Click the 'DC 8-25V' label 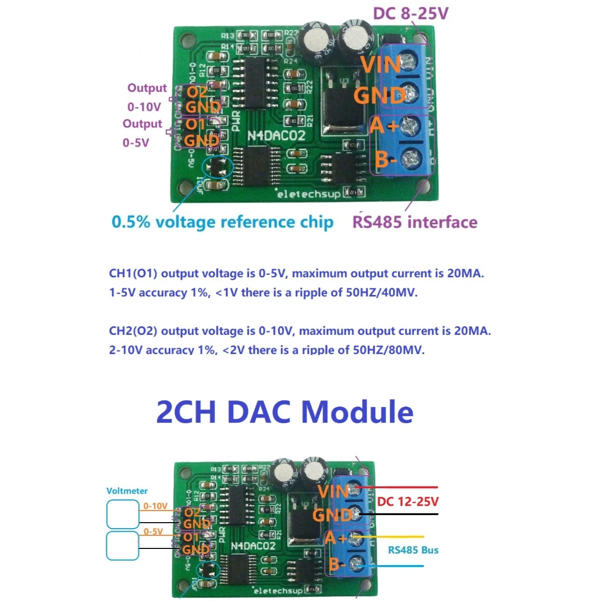(411, 13)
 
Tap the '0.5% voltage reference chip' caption (222, 222)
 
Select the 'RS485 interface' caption (415, 222)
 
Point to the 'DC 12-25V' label (408, 501)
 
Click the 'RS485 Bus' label (413, 550)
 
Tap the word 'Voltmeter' (127, 490)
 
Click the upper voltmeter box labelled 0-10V (122, 514)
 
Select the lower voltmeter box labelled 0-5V (122, 545)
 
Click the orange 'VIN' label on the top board (381, 65)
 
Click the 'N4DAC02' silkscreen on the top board (276, 136)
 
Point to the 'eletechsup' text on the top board (309, 194)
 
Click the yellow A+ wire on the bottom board (394, 537)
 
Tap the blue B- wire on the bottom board (394, 566)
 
